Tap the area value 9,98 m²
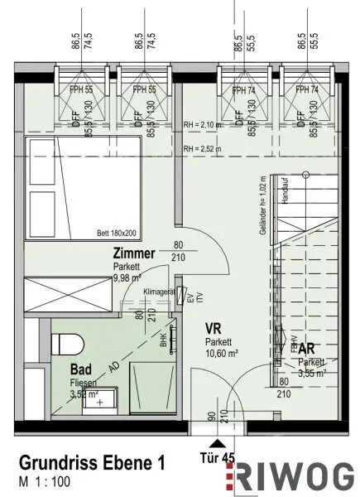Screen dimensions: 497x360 click(x=130, y=278)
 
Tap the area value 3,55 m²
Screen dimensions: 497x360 click(x=312, y=373)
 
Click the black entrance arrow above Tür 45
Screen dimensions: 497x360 click(x=223, y=442)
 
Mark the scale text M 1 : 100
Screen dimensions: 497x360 click(x=47, y=480)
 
